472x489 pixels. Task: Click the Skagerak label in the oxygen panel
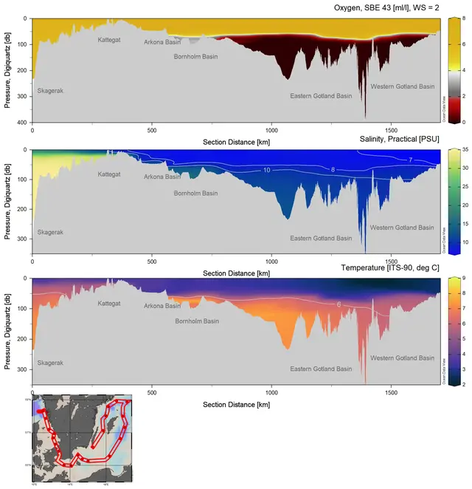[x=51, y=90]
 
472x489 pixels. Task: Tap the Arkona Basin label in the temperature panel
[x=162, y=305]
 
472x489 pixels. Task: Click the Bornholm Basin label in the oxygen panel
[x=195, y=56]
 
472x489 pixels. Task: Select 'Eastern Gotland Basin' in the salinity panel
[x=321, y=238]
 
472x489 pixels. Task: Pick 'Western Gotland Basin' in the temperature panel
[x=403, y=358]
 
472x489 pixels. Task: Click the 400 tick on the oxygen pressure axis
[x=25, y=122]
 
